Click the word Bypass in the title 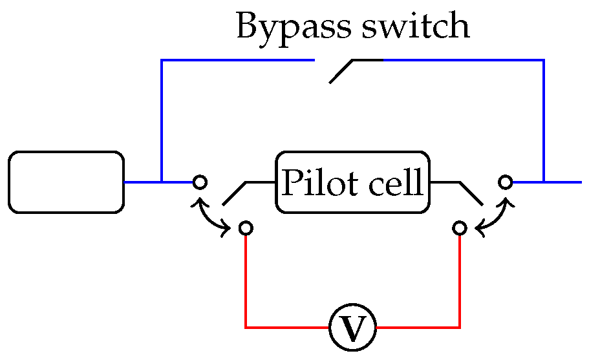pos(289,27)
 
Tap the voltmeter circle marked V pos(352,328)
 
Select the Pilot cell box pos(353,182)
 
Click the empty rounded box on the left pos(66,182)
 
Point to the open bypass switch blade pos(343,70)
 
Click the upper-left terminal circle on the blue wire pos(200,182)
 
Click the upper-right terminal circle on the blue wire pos(505,182)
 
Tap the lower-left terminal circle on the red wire pos(246,228)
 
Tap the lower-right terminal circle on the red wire pos(460,228)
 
